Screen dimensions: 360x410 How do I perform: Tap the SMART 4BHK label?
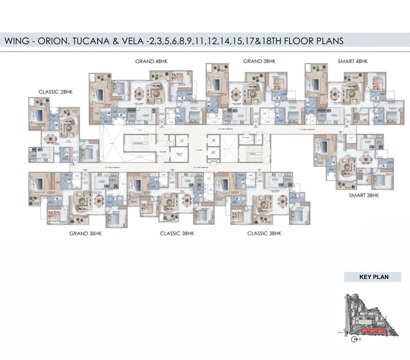click(353, 61)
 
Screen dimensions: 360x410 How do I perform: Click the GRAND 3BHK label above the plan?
click(259, 61)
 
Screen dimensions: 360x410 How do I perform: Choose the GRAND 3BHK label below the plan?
click(86, 233)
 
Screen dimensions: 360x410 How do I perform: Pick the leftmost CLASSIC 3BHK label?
click(177, 233)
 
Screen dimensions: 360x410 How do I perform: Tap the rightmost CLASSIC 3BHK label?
click(264, 233)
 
